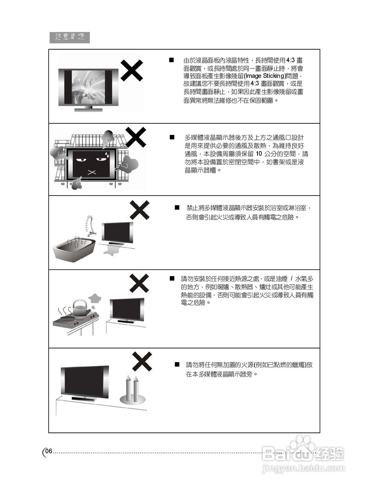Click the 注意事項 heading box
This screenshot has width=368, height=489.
click(x=69, y=37)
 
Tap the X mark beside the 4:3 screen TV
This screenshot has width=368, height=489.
click(x=132, y=71)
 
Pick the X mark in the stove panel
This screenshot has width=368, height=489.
click(x=139, y=283)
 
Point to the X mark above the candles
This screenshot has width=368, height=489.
click(x=142, y=361)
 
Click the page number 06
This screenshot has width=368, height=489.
click(x=48, y=451)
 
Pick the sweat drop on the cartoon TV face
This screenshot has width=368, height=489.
click(x=108, y=154)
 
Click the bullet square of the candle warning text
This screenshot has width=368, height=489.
click(x=177, y=364)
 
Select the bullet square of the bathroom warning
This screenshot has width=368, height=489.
click(x=177, y=207)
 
